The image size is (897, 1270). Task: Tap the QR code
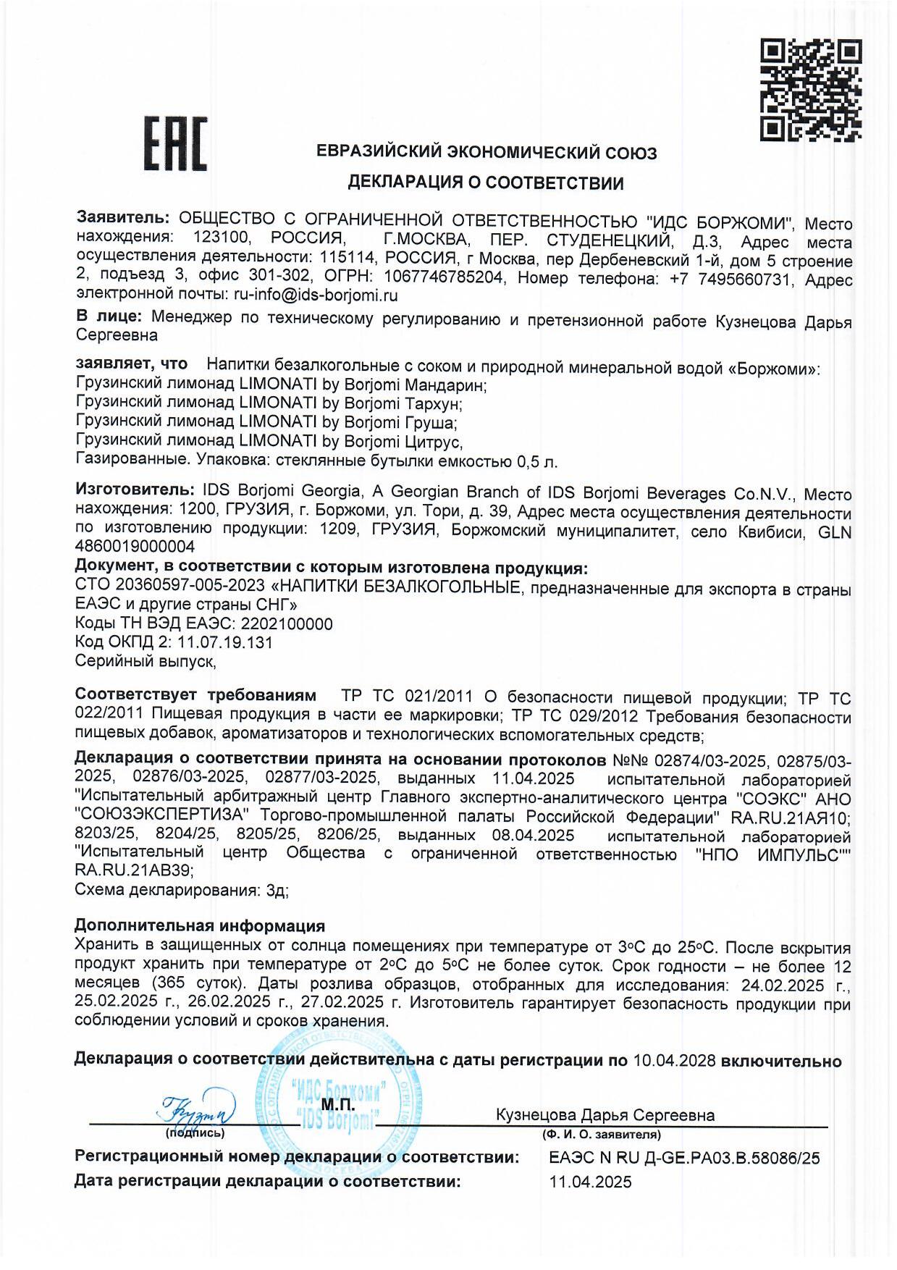pyautogui.click(x=810, y=90)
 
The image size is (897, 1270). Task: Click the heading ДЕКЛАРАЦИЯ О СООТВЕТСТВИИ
pyautogui.click(x=485, y=182)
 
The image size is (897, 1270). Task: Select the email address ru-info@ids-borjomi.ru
pyautogui.click(x=316, y=295)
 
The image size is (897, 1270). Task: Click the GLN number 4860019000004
pyautogui.click(x=135, y=547)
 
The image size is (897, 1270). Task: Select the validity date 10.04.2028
pyautogui.click(x=674, y=1061)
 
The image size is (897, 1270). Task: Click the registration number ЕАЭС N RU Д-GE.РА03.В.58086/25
pyautogui.click(x=684, y=1158)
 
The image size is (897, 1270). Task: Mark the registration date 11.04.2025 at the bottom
pyautogui.click(x=590, y=1182)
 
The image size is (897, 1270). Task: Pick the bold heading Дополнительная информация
pyautogui.click(x=200, y=926)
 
